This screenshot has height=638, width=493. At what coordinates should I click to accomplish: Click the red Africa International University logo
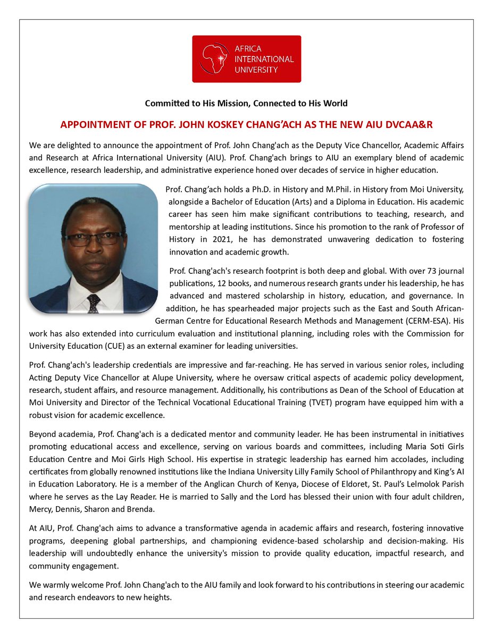[246, 58]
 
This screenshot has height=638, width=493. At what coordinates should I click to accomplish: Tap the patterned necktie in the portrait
[94, 304]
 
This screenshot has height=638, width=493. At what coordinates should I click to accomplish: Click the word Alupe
[143, 377]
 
